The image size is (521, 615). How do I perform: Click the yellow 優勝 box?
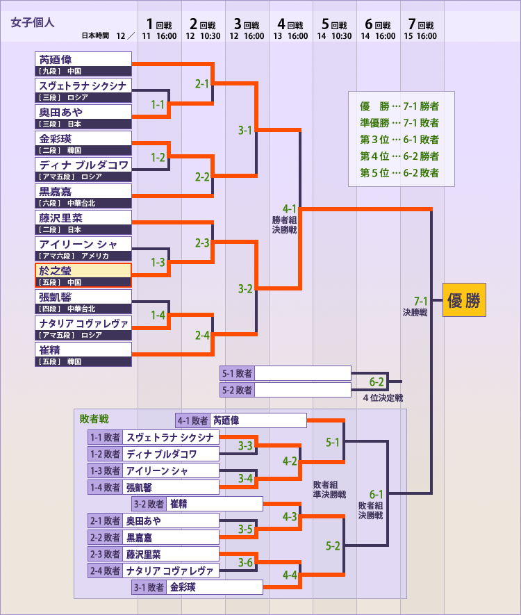(464, 300)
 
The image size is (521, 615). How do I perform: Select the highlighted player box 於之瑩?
(83, 275)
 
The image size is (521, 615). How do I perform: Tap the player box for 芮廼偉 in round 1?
(83, 64)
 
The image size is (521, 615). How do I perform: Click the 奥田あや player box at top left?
(83, 117)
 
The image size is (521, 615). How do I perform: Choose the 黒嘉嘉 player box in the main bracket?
(83, 196)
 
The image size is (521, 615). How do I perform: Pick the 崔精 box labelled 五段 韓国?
(83, 354)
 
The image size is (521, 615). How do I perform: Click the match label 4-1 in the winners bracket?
(290, 208)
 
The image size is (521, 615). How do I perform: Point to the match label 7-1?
(420, 301)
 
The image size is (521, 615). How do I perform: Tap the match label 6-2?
(377, 382)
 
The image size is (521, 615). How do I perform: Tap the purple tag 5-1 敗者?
(237, 373)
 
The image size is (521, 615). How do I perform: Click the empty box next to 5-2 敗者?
(303, 390)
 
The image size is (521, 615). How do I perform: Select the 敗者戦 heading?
(94, 419)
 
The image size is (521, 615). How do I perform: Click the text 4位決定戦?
(383, 398)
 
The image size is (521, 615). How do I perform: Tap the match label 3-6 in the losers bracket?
(245, 562)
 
